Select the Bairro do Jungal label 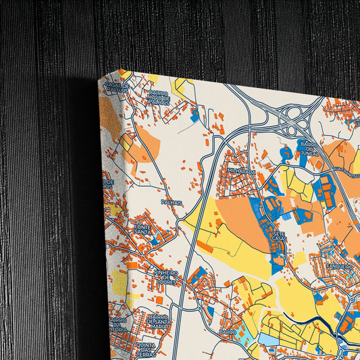pyautogui.click(x=307, y=149)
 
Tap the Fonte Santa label pyautogui.click(x=143, y=230)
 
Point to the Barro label pyautogui.click(x=228, y=332)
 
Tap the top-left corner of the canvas pyautogui.click(x=100, y=78)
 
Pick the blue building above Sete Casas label pyautogui.click(x=274, y=206)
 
